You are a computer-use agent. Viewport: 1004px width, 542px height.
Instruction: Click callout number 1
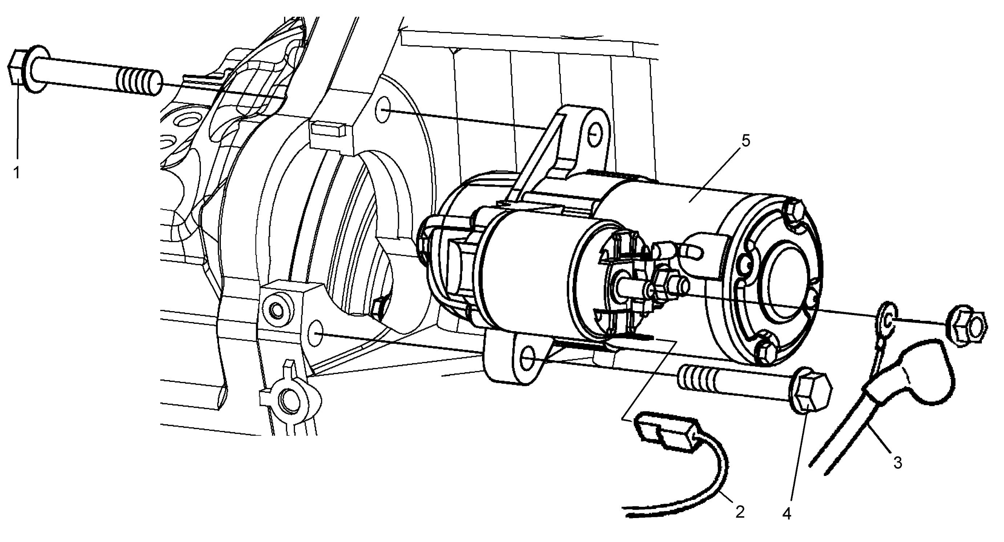tap(16, 172)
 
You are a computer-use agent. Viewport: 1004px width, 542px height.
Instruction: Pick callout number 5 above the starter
tap(745, 141)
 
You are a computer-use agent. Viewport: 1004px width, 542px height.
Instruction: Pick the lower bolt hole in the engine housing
tap(316, 334)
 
